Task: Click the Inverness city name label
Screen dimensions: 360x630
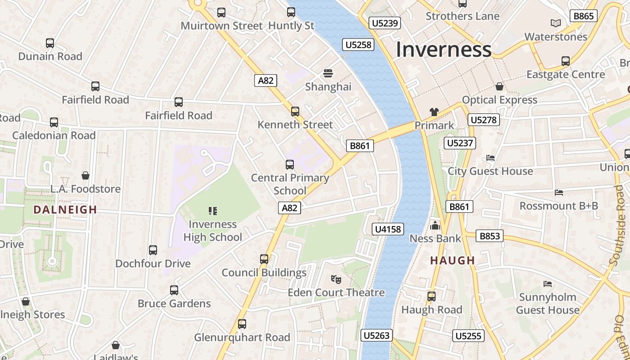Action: point(443,49)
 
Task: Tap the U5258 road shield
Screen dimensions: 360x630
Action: point(358,44)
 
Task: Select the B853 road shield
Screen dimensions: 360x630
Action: point(490,236)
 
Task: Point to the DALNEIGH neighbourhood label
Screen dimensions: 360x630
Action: point(65,210)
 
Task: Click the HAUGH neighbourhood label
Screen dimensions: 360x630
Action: point(452,260)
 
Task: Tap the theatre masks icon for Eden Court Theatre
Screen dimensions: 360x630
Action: point(336,279)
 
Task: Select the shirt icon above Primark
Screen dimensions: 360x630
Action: point(434,112)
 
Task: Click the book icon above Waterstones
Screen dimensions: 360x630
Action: point(556,23)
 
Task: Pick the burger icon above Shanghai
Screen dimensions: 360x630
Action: point(328,73)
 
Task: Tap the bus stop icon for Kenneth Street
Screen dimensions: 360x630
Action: point(295,111)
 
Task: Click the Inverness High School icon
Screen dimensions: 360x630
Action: point(213,211)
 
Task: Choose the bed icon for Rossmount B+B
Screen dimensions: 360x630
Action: point(558,193)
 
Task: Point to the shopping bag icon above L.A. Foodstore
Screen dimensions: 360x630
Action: point(85,175)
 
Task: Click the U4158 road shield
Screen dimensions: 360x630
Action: point(388,229)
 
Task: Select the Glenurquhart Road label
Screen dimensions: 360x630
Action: point(242,337)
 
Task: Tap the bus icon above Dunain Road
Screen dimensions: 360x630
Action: point(50,43)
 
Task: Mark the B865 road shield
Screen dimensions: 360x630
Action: point(584,16)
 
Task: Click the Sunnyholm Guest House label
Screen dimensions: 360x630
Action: point(547,303)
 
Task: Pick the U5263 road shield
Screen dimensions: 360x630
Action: point(376,335)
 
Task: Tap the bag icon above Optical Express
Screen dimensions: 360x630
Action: point(499,86)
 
